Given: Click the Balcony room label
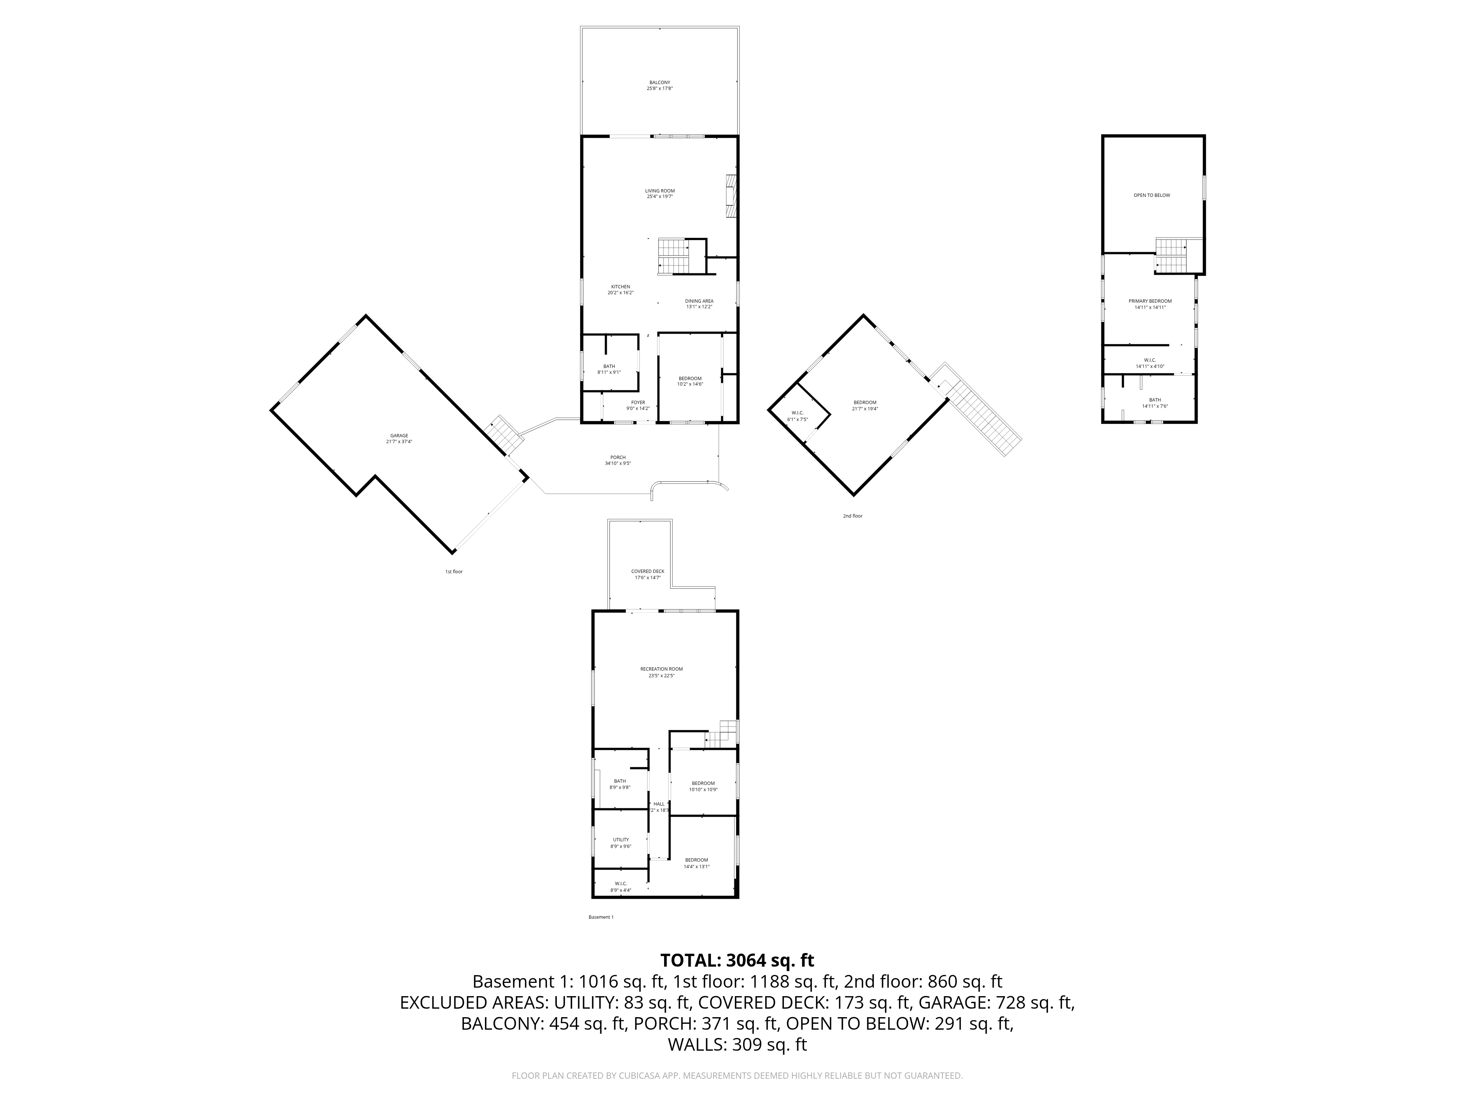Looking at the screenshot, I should click(659, 85).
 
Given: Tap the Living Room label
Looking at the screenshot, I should click(659, 193).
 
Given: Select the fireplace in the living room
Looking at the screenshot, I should click(731, 196).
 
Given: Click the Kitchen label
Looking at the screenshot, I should click(620, 289).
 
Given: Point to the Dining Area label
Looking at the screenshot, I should click(699, 303).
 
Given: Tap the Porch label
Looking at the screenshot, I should click(618, 460).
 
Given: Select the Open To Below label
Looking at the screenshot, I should click(1152, 195).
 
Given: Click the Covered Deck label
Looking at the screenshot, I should click(648, 574).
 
